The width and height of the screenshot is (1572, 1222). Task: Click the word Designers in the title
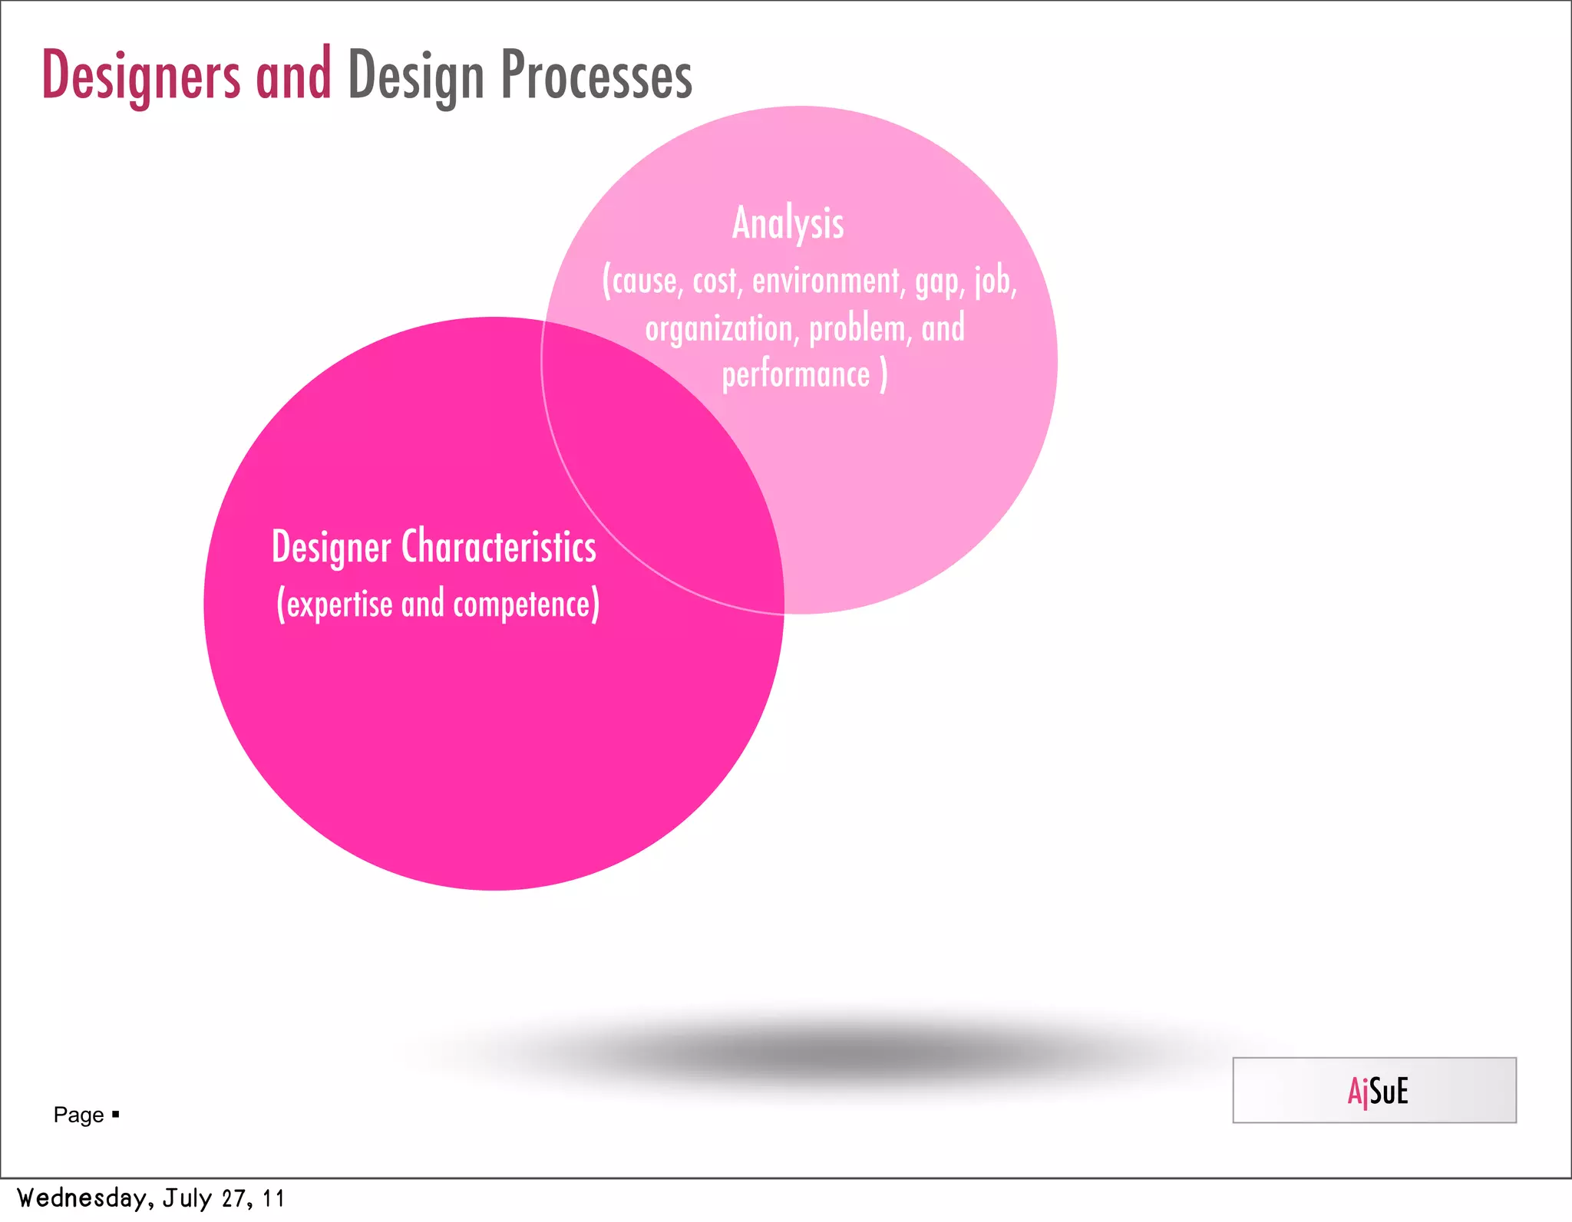click(140, 75)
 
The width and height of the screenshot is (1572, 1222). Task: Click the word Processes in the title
click(596, 75)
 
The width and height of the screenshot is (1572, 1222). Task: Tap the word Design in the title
click(416, 77)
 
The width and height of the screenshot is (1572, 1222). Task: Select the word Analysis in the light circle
click(788, 223)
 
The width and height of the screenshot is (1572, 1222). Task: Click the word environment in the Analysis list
click(826, 281)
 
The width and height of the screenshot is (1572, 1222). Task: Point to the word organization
click(718, 329)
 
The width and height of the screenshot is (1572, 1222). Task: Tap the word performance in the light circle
click(796, 375)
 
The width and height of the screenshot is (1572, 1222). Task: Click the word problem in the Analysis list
click(857, 329)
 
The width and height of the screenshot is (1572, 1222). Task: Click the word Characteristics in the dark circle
click(499, 547)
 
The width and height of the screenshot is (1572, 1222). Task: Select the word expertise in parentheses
click(339, 604)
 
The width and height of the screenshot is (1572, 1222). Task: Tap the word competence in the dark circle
click(523, 604)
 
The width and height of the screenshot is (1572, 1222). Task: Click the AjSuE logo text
click(1377, 1091)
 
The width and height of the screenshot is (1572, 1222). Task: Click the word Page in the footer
click(78, 1115)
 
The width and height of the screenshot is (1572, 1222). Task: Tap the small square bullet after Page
click(116, 1114)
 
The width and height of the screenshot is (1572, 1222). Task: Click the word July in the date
click(187, 1198)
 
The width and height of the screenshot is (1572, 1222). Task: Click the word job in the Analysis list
click(995, 281)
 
